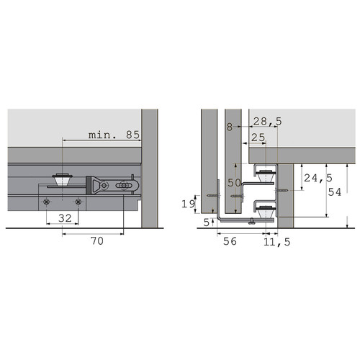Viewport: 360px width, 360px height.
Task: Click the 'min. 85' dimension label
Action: pos(114,135)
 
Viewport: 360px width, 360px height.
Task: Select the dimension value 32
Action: pos(65,218)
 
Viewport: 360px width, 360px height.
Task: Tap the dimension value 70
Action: pos(97,240)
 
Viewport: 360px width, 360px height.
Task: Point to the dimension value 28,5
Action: pos(268,122)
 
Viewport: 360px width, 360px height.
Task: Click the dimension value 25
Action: pos(258,138)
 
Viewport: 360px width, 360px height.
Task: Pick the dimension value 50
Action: pos(234,183)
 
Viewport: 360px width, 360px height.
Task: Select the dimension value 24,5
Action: pos(318,178)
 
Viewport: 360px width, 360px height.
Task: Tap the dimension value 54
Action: pos(335,192)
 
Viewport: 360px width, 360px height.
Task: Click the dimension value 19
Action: pos(189,204)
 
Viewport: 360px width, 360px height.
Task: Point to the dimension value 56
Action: pos(230,241)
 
